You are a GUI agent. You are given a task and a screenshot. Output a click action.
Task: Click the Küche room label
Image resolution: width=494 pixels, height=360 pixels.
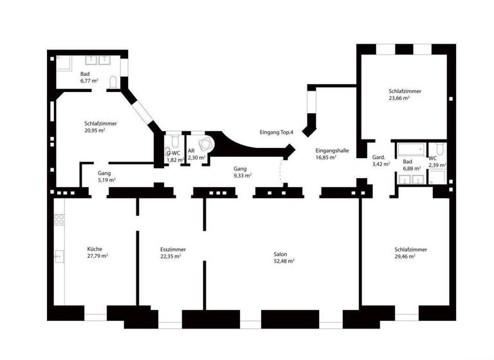pos(95,249)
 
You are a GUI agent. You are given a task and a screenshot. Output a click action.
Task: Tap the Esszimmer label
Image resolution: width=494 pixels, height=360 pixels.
pos(173,249)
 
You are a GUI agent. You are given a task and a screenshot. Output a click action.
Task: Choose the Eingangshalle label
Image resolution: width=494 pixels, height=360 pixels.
pos(332,150)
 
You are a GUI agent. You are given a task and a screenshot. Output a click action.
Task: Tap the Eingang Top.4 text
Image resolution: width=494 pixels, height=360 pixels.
pos(277,132)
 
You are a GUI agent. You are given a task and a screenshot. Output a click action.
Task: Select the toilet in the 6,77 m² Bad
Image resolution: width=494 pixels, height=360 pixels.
pos(113,82)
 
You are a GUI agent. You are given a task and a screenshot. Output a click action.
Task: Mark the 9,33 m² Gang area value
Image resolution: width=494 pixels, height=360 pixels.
pos(242,175)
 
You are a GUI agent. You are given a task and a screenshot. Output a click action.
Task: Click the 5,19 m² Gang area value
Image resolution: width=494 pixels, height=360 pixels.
pos(107,181)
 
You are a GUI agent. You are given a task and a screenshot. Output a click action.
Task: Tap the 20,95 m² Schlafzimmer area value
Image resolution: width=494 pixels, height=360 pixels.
pos(95,130)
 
